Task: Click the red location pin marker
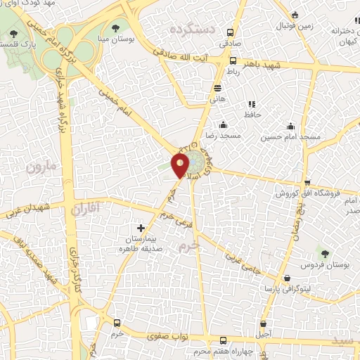[x=181, y=165]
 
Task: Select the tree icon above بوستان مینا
[x=115, y=29]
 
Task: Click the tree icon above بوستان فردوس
[x=324, y=253]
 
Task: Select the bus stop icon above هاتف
[x=217, y=89]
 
